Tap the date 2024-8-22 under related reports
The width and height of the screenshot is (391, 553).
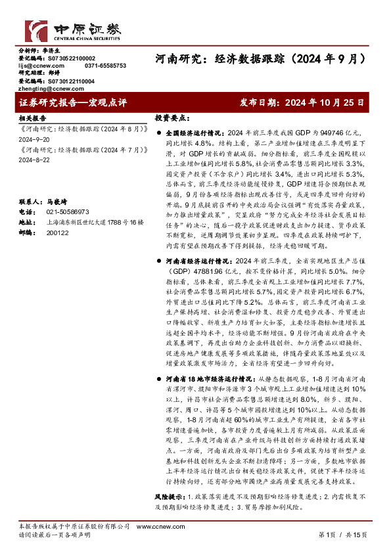click(x=33, y=160)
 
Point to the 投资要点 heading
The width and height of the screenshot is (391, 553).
click(x=171, y=118)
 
